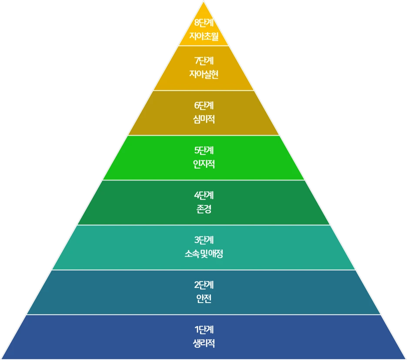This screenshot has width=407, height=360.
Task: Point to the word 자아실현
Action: click(203, 74)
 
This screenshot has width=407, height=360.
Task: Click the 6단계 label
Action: click(203, 106)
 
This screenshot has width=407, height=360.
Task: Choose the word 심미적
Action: click(203, 119)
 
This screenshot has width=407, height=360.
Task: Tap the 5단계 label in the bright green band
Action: click(203, 150)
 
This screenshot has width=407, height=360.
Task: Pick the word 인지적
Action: click(203, 164)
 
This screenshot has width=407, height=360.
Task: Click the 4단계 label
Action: click(203, 195)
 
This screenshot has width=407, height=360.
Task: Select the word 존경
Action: click(203, 209)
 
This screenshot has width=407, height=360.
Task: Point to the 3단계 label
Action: click(203, 240)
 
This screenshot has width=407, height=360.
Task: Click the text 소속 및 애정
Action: click(203, 254)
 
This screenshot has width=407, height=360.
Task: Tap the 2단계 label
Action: click(203, 285)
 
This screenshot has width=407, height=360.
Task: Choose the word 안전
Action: click(203, 299)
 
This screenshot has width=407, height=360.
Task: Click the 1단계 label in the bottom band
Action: click(203, 330)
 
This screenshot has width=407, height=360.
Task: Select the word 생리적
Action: click(203, 343)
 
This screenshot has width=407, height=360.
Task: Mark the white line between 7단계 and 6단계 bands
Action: click(203, 90)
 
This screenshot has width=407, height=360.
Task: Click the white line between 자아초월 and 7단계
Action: click(203, 46)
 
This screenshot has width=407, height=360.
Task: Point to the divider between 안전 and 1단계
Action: click(203, 315)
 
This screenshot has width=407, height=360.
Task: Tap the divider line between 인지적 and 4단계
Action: click(203, 180)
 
